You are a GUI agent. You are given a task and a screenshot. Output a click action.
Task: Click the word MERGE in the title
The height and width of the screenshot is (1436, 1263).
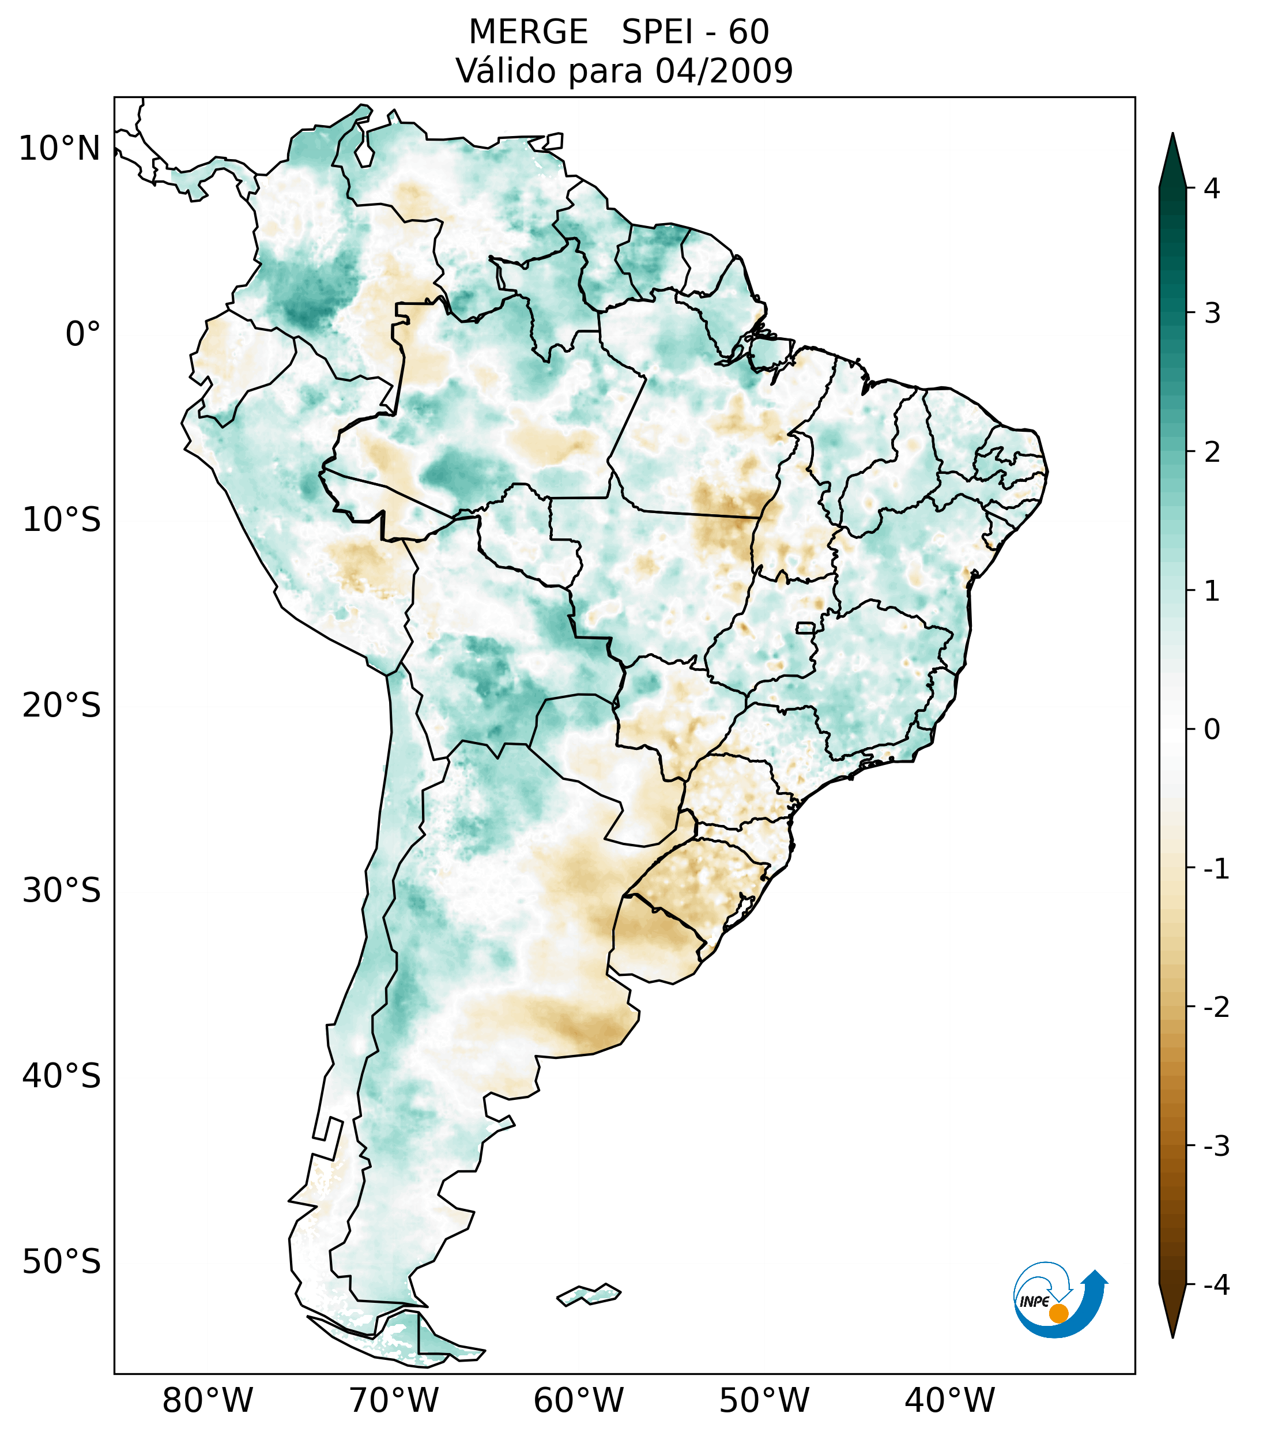(527, 32)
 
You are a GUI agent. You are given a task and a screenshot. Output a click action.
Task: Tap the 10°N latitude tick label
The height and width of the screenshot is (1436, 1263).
(60, 149)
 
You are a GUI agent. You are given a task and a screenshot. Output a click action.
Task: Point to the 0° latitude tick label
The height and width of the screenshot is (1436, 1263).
(83, 334)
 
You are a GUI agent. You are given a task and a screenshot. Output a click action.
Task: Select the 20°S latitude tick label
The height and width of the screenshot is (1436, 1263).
(62, 706)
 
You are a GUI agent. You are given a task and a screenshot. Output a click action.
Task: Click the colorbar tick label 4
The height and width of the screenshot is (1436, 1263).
(1212, 189)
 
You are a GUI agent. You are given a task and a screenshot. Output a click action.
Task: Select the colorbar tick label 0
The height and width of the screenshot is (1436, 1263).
(1212, 730)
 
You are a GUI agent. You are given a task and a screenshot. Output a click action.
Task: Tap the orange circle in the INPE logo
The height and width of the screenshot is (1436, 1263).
(1058, 1313)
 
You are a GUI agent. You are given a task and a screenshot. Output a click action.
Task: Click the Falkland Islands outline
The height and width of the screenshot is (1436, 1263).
(589, 1294)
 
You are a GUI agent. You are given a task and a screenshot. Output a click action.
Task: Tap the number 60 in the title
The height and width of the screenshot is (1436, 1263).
(749, 32)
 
